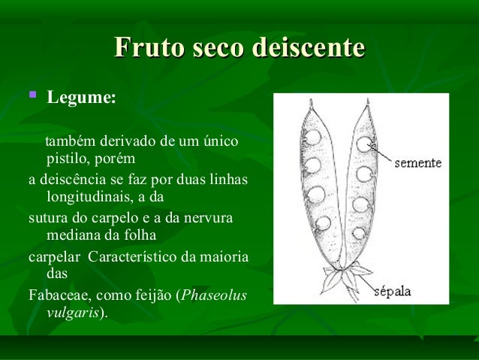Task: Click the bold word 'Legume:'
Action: coord(81,98)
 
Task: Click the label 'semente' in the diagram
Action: coord(417,162)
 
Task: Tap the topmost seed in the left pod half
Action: coord(312,138)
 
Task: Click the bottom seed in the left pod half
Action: coord(324,222)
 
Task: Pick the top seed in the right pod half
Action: coord(365,143)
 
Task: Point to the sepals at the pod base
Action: coord(344,278)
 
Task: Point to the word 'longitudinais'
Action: coord(89,198)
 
